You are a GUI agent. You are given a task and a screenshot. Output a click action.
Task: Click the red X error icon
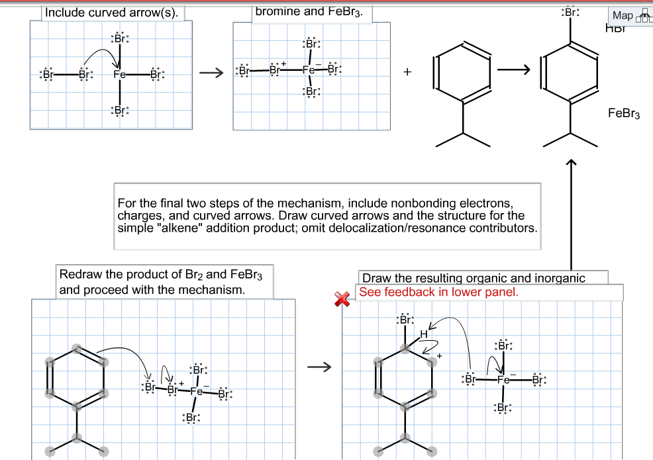(x=341, y=299)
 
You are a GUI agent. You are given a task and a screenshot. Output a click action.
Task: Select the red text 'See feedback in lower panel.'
(x=438, y=292)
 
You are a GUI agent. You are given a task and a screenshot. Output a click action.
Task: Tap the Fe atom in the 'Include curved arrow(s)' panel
(x=119, y=75)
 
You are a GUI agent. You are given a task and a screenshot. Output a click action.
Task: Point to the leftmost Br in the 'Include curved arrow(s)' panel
(x=47, y=74)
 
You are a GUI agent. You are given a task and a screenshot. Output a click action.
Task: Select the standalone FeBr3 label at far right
(x=623, y=114)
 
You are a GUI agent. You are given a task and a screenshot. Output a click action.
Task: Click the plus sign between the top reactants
(x=407, y=72)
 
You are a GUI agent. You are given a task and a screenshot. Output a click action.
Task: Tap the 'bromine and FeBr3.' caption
(x=309, y=11)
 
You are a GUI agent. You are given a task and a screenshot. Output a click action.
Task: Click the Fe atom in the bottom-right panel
(x=503, y=381)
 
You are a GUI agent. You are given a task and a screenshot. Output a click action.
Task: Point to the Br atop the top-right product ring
(x=570, y=13)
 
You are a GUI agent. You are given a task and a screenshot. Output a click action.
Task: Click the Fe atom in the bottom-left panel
(x=196, y=391)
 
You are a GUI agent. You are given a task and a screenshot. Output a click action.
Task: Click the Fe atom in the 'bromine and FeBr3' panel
(x=309, y=70)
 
